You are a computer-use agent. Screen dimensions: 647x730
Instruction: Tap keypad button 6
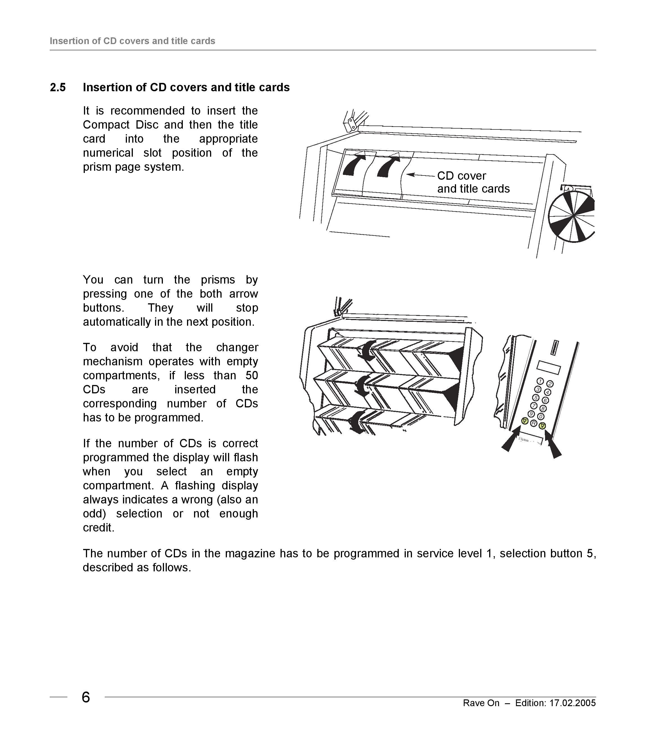(x=545, y=400)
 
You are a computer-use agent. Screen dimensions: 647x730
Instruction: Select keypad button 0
(x=541, y=416)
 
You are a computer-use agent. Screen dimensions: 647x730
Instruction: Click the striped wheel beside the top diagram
(x=571, y=216)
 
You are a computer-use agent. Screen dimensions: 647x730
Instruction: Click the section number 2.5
(x=58, y=88)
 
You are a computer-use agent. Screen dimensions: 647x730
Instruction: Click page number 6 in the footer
(x=86, y=697)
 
